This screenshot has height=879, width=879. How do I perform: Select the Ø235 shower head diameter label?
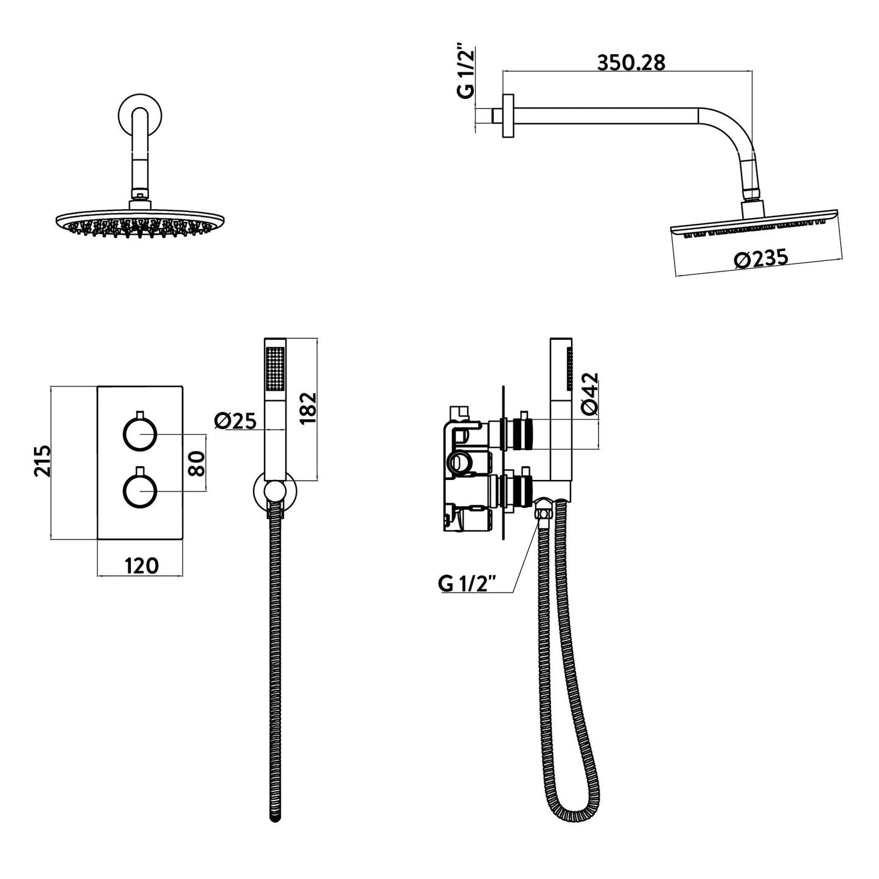click(761, 259)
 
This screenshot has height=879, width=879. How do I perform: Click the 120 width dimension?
click(141, 566)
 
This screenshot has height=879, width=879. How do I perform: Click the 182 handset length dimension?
click(308, 408)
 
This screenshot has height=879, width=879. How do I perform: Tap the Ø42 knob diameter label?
click(589, 394)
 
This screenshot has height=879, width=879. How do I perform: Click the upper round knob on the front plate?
click(140, 434)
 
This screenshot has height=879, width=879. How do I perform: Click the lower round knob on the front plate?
click(140, 491)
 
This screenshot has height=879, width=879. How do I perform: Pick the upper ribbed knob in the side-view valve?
click(523, 433)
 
